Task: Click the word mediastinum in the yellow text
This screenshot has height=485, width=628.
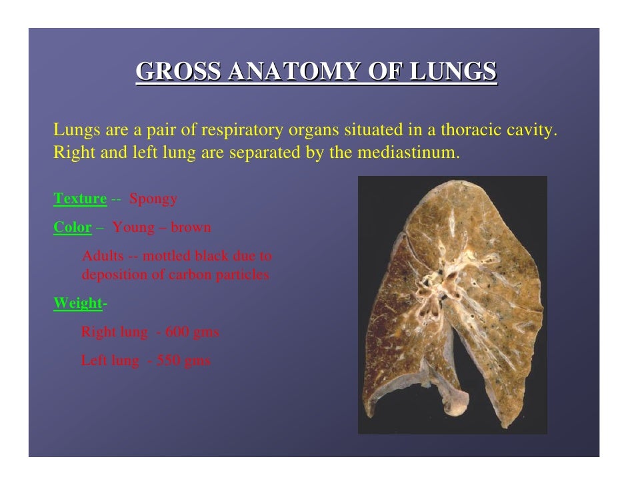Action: (409, 153)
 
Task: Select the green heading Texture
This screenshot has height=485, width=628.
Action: (80, 199)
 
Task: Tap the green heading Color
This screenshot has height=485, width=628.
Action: (72, 227)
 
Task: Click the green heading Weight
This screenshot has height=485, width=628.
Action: (78, 303)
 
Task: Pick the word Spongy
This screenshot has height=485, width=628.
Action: (153, 199)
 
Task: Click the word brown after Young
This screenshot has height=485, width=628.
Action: (191, 227)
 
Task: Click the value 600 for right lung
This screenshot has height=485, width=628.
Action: (176, 332)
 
